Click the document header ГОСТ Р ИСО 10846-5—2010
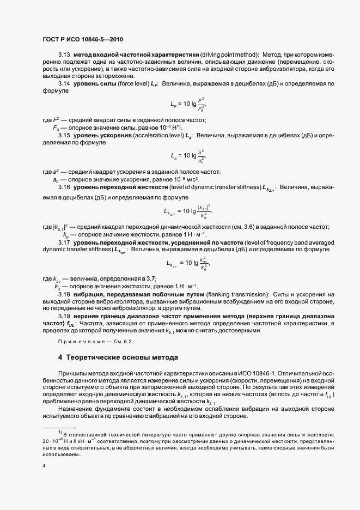tap(82, 39)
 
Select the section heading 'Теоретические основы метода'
tap(118, 358)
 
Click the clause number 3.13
tap(64, 54)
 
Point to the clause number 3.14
tap(64, 84)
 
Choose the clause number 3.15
tap(64, 135)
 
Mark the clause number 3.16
tap(64, 187)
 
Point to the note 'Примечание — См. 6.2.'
tap(95, 341)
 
